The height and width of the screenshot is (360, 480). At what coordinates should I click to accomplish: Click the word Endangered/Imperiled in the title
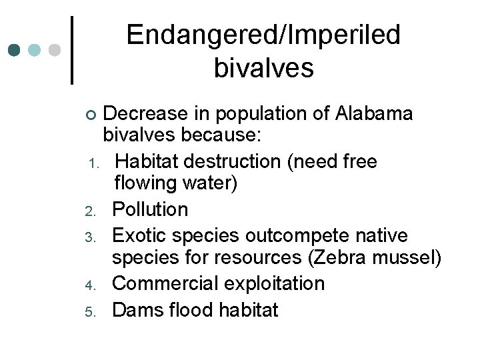(263, 35)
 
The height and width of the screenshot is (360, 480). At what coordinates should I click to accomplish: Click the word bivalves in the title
(263, 69)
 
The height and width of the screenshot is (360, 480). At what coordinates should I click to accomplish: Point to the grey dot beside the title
(55, 51)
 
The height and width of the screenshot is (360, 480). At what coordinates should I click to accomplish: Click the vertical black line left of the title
(72, 51)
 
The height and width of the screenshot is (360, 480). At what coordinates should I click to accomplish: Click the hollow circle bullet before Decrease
(92, 115)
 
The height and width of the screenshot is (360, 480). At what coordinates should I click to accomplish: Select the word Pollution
(150, 209)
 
